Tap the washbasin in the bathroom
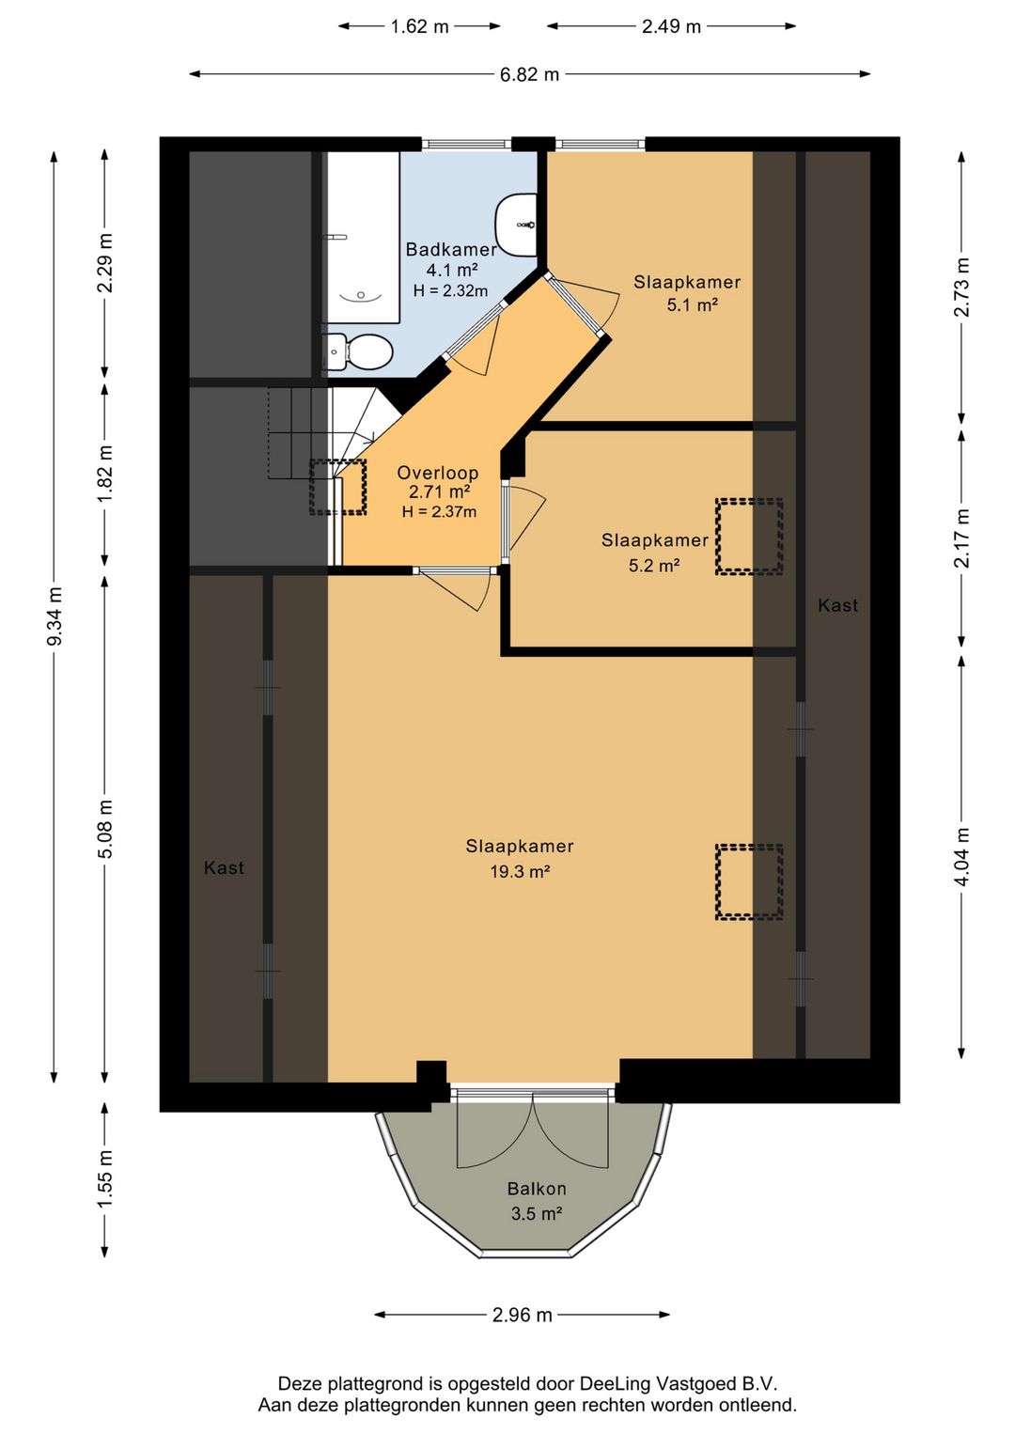pyautogui.click(x=516, y=225)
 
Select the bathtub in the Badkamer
pyautogui.click(x=363, y=237)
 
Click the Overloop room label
pyautogui.click(x=438, y=473)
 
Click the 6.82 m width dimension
pyautogui.click(x=530, y=74)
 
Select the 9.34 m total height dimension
pyautogui.click(x=55, y=616)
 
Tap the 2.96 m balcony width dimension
pyautogui.click(x=522, y=1315)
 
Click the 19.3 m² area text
pyautogui.click(x=520, y=871)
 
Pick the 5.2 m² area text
pyautogui.click(x=654, y=566)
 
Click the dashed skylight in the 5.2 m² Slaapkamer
pyautogui.click(x=749, y=537)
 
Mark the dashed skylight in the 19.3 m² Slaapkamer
pyautogui.click(x=749, y=882)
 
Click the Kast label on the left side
pyautogui.click(x=224, y=867)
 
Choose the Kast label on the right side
pyautogui.click(x=837, y=605)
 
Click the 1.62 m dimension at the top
pyautogui.click(x=419, y=26)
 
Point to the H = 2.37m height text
pyautogui.click(x=439, y=511)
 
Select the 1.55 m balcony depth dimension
pyautogui.click(x=105, y=1179)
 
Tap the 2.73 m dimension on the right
pyautogui.click(x=961, y=288)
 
